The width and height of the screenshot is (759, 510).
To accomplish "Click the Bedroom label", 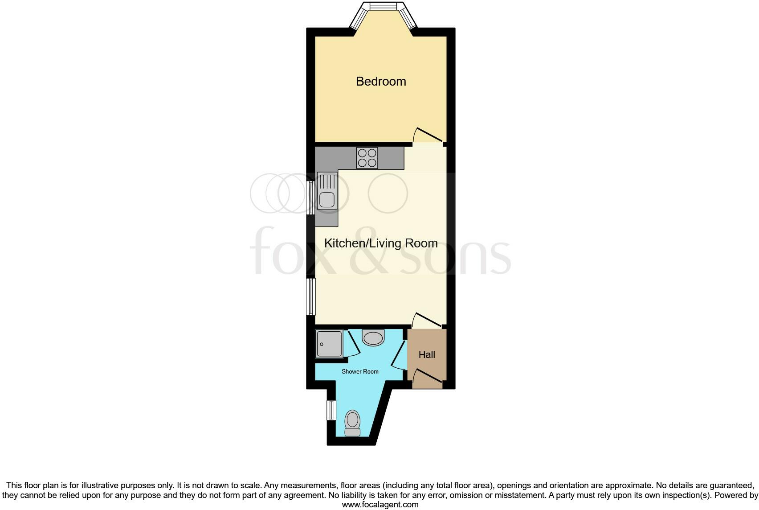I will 381,82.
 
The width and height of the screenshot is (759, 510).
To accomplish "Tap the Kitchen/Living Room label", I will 381,243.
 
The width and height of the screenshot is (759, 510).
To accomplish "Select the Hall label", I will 427,355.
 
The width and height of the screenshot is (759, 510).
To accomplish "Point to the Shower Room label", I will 360,371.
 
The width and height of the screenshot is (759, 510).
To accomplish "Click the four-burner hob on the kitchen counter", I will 367,158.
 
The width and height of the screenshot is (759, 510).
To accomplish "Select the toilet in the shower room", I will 353,423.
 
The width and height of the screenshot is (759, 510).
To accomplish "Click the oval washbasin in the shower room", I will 373,338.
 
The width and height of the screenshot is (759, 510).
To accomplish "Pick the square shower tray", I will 329,344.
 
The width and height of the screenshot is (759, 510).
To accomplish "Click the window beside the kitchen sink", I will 311,198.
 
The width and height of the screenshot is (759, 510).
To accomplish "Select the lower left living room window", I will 310,297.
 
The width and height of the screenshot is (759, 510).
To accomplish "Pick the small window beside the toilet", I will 331,410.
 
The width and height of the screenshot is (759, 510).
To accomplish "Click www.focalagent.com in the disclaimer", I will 380,505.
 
